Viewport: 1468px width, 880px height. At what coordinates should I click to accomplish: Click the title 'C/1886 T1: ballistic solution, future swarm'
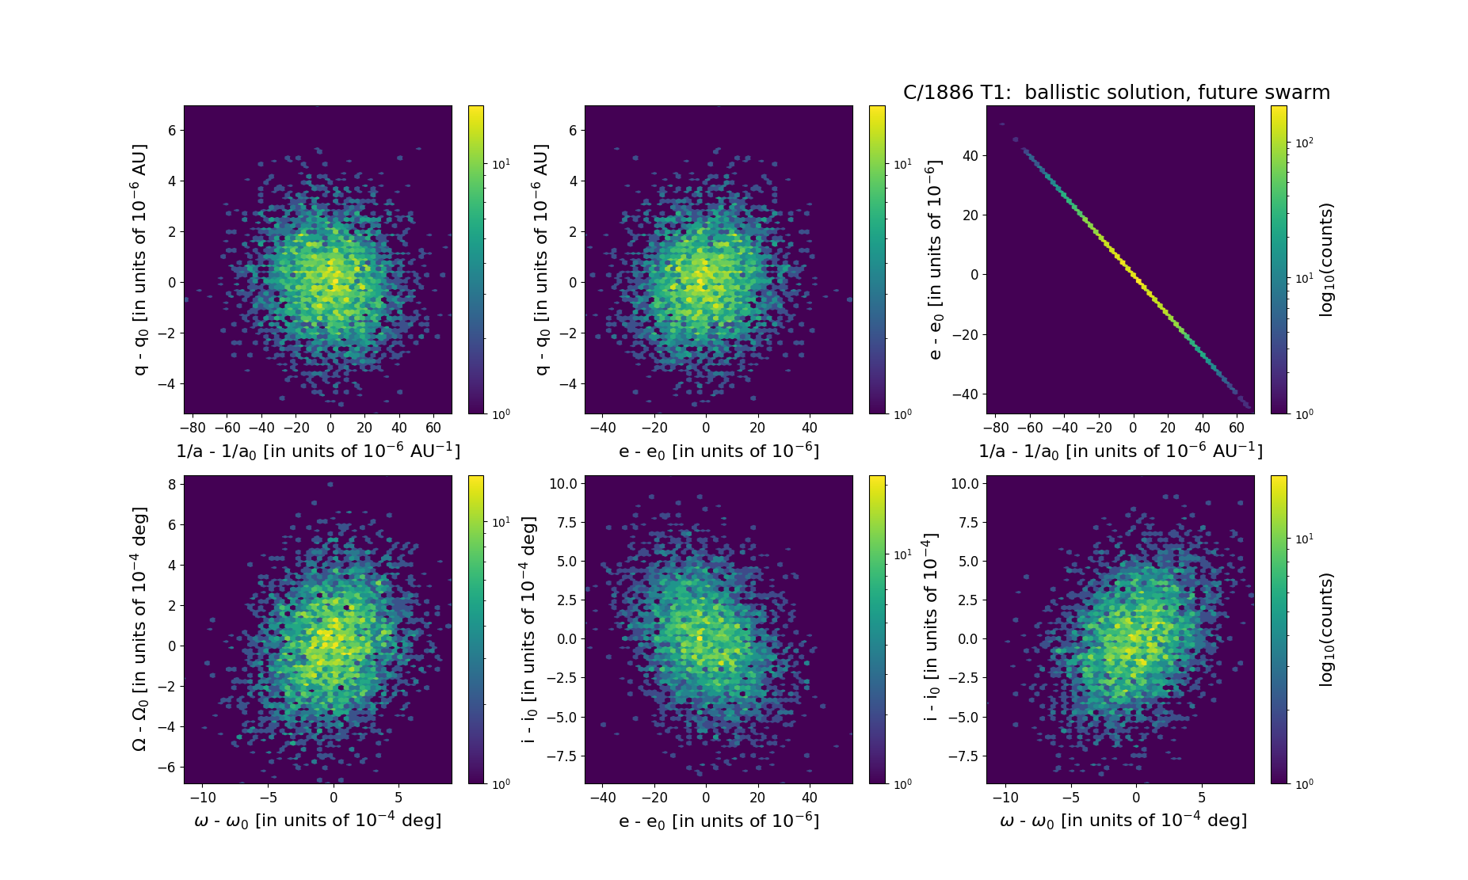[x=1116, y=93]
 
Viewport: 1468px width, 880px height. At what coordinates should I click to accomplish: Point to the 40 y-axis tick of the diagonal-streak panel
[x=970, y=156]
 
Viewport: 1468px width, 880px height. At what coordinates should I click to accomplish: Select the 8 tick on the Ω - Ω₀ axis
[x=171, y=484]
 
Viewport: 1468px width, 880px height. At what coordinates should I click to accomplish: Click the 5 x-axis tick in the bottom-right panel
[x=1202, y=797]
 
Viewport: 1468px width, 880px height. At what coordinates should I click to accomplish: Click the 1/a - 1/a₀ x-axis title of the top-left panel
[x=318, y=451]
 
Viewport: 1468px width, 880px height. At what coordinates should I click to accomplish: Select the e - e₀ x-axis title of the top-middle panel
[x=719, y=451]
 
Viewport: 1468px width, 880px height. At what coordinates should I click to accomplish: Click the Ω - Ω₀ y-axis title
[x=139, y=629]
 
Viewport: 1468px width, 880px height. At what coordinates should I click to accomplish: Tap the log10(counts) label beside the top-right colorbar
[x=1326, y=260]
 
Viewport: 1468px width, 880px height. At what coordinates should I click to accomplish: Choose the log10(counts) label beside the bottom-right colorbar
[x=1326, y=629]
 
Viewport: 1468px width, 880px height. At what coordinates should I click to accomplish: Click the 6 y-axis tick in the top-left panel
[x=171, y=130]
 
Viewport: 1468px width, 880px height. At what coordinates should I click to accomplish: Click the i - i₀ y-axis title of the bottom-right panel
[x=932, y=629]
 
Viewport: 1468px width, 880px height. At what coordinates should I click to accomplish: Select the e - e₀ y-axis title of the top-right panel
[x=935, y=260]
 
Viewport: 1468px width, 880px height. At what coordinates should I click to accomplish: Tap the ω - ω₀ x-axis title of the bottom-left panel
[x=318, y=821]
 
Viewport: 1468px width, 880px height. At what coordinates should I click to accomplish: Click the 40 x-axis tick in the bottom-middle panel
[x=810, y=797]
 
